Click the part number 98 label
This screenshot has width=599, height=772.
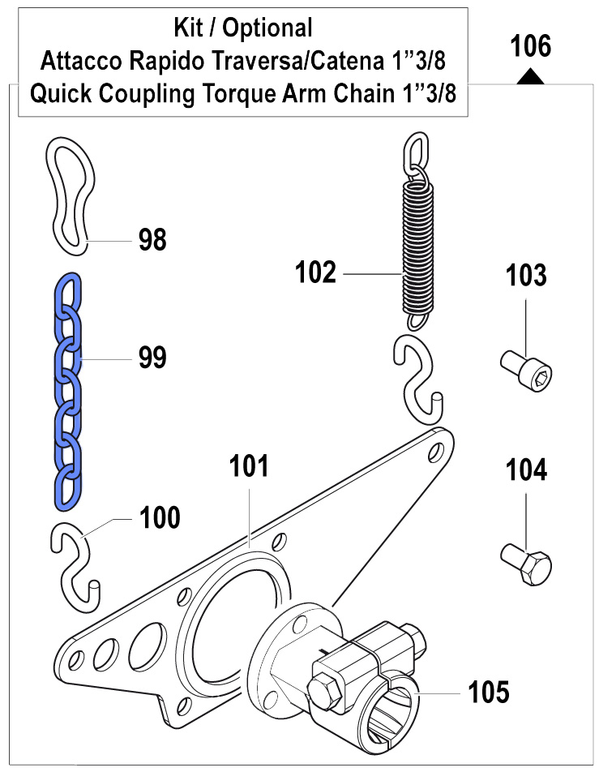click(x=152, y=240)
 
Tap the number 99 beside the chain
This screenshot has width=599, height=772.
click(x=152, y=358)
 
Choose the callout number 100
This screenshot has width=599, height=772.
click(x=160, y=517)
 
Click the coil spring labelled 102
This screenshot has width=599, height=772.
click(x=419, y=231)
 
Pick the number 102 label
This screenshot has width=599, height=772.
click(x=315, y=272)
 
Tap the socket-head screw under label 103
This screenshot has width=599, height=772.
click(x=526, y=371)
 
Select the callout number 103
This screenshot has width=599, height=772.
click(x=526, y=275)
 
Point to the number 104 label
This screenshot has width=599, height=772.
click(x=526, y=470)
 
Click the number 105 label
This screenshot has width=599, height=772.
click(x=488, y=692)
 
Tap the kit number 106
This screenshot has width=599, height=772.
click(x=531, y=46)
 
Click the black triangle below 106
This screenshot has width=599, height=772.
click(x=531, y=77)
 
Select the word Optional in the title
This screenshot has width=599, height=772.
click(x=267, y=28)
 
